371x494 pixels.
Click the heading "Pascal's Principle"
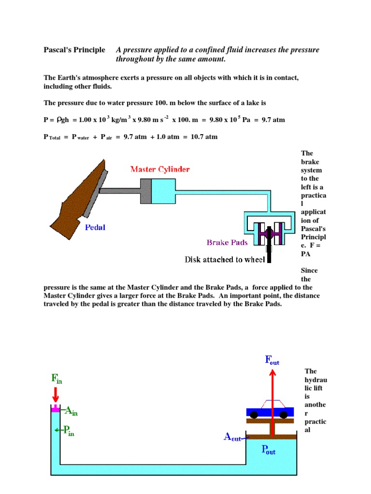[x=74, y=50]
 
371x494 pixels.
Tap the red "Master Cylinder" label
[x=160, y=169]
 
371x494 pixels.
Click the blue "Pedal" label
[x=95, y=227]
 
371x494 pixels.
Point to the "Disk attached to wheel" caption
[x=226, y=260]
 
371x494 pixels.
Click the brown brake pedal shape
[x=77, y=198]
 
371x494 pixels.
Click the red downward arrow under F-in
[x=56, y=395]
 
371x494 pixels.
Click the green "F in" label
[x=57, y=379]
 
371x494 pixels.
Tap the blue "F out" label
[x=272, y=360]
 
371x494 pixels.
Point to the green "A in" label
[x=71, y=411]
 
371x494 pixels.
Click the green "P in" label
[x=68, y=430]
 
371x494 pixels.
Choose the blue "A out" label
[x=232, y=437]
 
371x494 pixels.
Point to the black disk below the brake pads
[x=268, y=254]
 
